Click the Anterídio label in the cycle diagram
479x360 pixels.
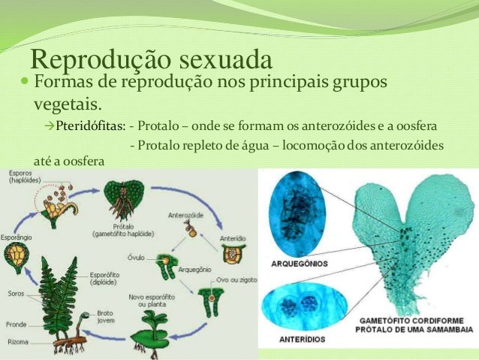(x=232, y=238)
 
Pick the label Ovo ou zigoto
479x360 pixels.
(x=234, y=281)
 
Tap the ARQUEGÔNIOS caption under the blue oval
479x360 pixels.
(x=295, y=265)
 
